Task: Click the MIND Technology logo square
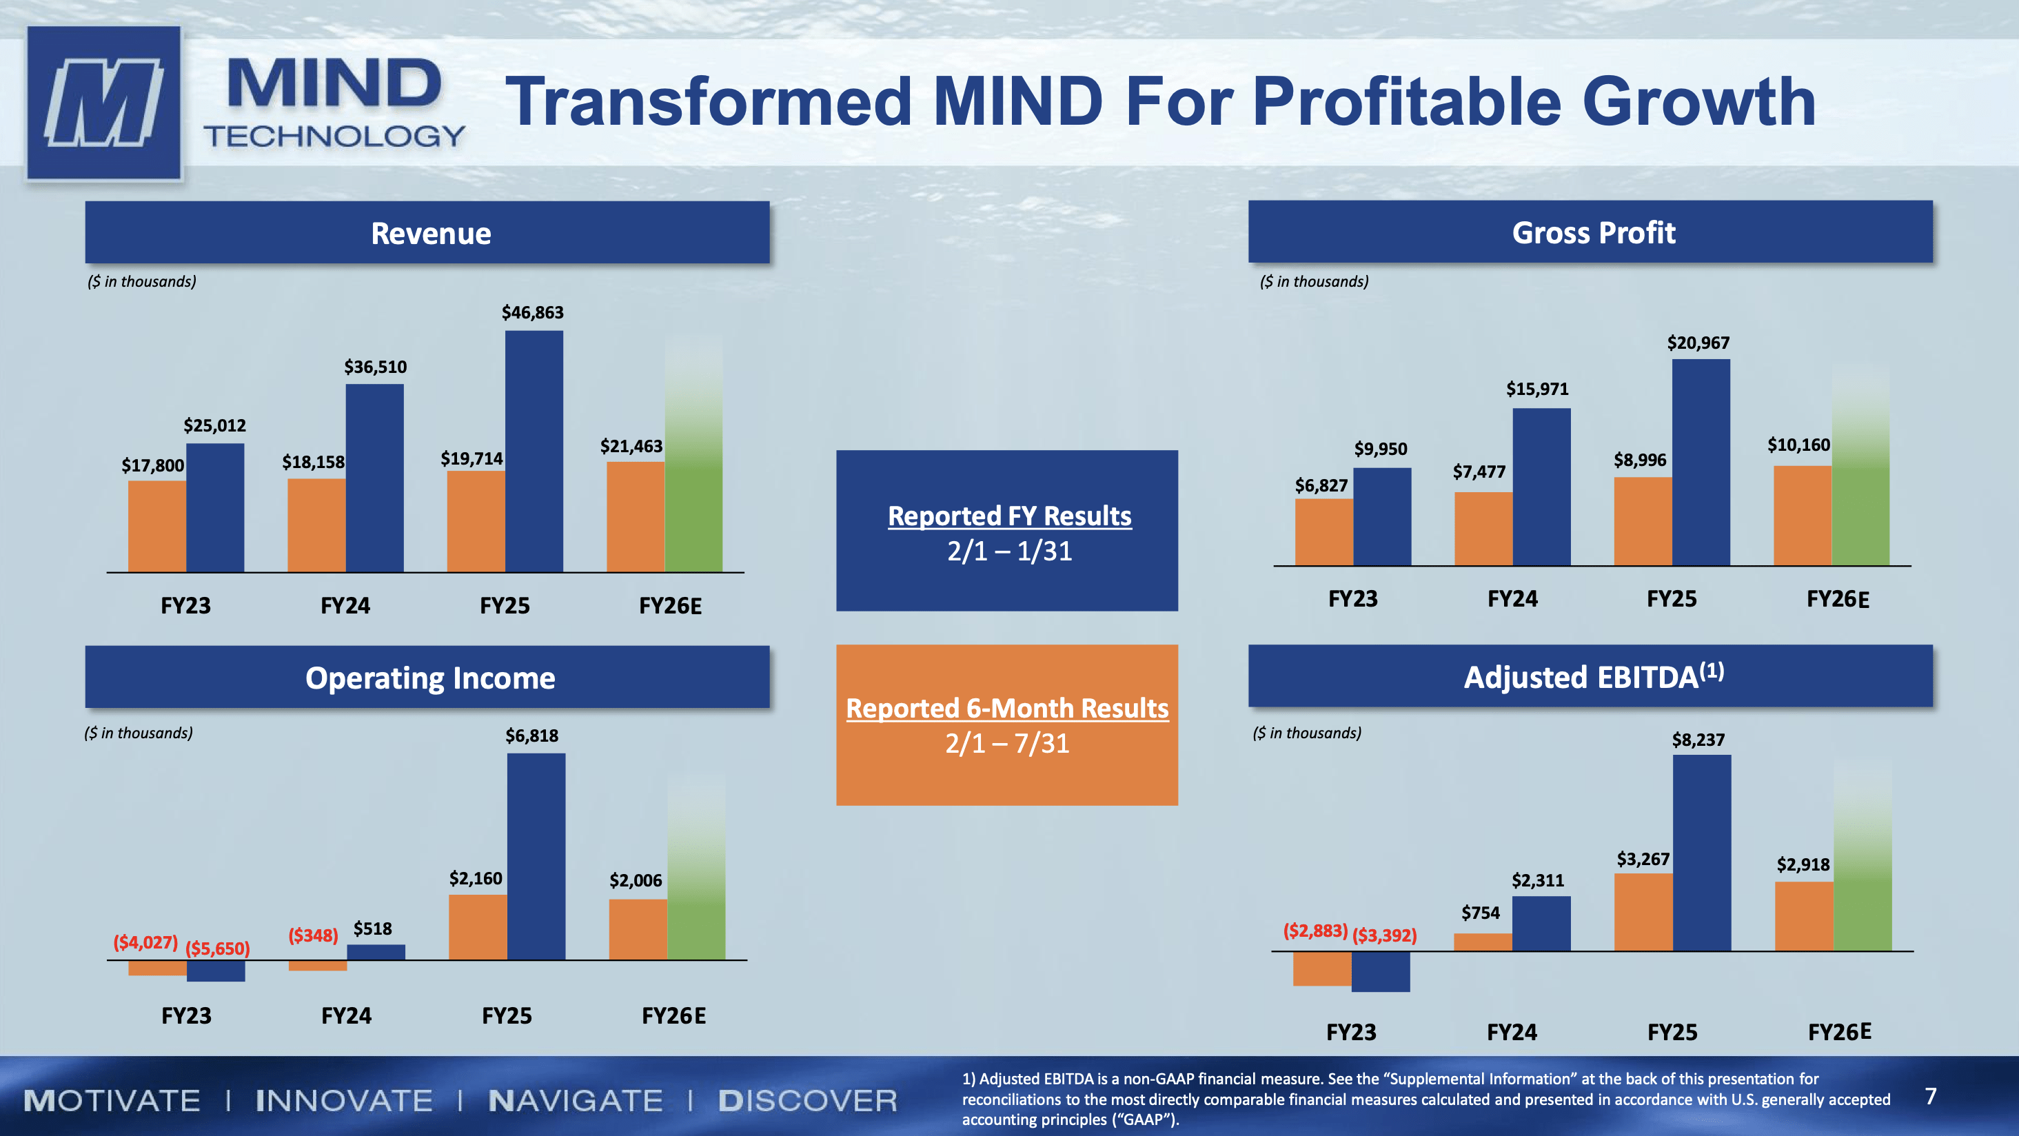pos(103,103)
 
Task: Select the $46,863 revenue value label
pos(532,313)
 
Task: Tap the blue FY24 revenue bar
pos(375,478)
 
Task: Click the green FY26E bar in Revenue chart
pos(693,470)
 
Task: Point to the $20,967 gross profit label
pos(1698,343)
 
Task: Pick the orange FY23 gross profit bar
pos(1323,531)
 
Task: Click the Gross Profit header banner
pos(1590,232)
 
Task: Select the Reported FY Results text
pos(1008,516)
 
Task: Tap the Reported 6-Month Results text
pos(1006,708)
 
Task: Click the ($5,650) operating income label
pos(217,949)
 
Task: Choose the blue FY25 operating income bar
pos(536,856)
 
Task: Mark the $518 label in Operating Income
pos(372,929)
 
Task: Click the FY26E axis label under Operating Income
pos(673,1016)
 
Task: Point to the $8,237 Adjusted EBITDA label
pos(1698,740)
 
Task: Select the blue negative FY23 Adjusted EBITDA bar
pos(1380,972)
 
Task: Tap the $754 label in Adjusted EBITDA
pos(1480,913)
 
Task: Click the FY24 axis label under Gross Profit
pos(1512,599)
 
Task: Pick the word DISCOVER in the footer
pos(807,1101)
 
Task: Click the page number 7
pos(1931,1096)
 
